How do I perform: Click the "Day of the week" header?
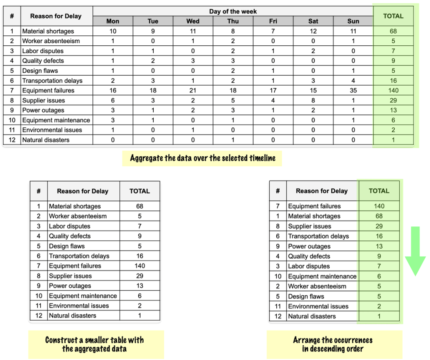point(233,11)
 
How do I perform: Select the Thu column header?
point(233,21)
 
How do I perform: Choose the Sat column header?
point(313,21)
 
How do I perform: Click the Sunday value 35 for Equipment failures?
point(353,90)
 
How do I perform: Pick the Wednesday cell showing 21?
point(193,90)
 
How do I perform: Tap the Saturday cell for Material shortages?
point(313,31)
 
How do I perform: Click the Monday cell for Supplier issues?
point(113,100)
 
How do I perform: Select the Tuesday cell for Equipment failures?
point(153,90)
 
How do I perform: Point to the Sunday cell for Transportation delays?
point(353,81)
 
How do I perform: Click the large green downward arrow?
point(415,251)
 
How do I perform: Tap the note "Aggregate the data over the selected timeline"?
point(202,158)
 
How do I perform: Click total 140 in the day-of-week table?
point(393,90)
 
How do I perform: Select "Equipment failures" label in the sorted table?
point(314,206)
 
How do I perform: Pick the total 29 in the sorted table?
point(379,226)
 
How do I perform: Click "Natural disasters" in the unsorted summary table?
point(73,315)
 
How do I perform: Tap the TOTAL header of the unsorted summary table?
point(139,191)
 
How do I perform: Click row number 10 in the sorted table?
point(278,276)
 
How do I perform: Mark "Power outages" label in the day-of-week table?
point(43,110)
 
